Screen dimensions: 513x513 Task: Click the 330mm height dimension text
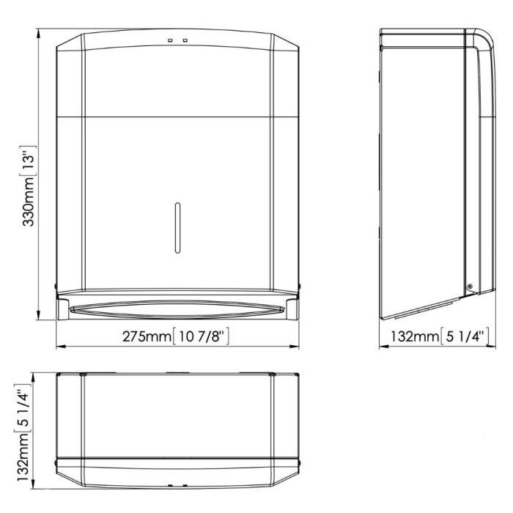[29, 202]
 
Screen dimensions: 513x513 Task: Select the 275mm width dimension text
[147, 336]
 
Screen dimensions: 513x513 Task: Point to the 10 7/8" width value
[201, 336]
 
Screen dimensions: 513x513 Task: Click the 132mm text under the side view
[415, 336]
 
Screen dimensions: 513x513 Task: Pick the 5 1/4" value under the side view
[465, 336]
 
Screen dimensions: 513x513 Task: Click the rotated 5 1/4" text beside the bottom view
[23, 408]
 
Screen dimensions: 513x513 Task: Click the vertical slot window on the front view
[177, 228]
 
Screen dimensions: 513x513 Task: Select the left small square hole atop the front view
[170, 40]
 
